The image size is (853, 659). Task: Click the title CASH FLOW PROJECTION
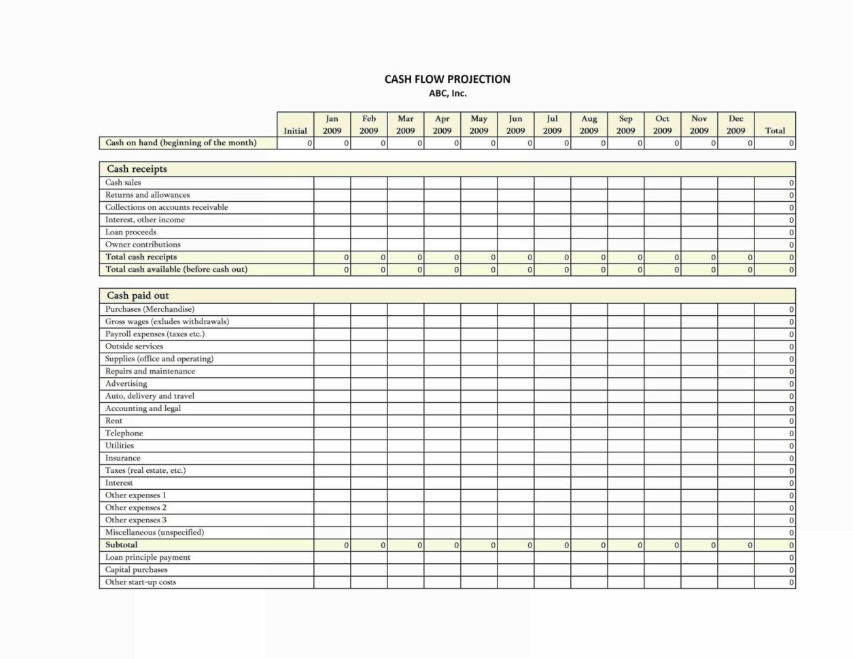click(447, 79)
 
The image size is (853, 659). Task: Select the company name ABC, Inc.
click(447, 94)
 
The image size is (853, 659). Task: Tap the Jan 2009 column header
click(332, 124)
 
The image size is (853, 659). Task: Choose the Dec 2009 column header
click(735, 124)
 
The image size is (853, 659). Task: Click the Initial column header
click(295, 130)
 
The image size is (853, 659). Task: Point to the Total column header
click(775, 130)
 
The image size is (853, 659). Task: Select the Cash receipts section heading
click(137, 169)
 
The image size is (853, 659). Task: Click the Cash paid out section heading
click(138, 296)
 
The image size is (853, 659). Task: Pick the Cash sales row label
click(123, 183)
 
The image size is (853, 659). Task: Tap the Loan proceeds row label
click(130, 232)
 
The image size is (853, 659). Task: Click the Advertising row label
click(126, 384)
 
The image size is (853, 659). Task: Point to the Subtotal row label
click(121, 545)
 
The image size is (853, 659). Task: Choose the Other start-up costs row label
click(140, 582)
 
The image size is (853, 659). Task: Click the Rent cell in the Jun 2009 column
click(515, 421)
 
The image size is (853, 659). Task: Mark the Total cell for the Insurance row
click(775, 459)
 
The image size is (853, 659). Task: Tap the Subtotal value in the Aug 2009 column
click(589, 545)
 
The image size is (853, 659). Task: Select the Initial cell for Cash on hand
click(295, 143)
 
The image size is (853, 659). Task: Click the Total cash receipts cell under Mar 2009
click(405, 257)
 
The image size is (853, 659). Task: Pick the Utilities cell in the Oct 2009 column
click(662, 446)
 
